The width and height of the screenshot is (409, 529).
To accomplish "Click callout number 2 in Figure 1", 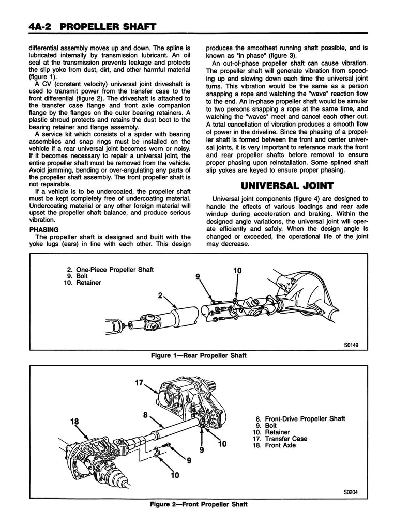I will tap(161, 295).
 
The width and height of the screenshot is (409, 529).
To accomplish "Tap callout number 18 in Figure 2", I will tap(76, 422).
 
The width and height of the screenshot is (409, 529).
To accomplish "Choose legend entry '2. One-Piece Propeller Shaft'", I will tap(110, 270).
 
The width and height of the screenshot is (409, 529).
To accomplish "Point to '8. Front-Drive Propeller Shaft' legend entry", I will tap(299, 419).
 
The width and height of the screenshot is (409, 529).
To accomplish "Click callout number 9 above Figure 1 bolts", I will tap(198, 277).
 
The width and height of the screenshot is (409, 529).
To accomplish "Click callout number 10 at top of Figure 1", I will tap(237, 270).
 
